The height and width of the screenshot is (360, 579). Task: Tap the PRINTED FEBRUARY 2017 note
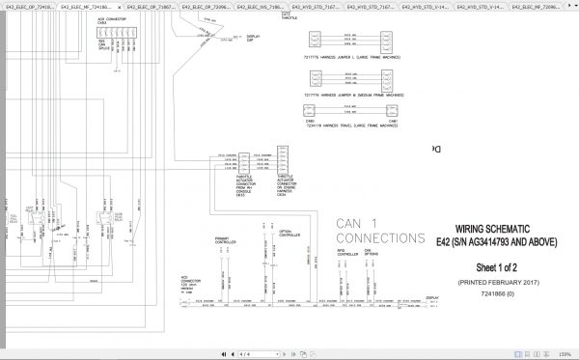point(497,277)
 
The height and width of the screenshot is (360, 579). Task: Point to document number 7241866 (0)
point(497,288)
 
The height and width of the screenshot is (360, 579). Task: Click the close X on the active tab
point(101,7)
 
